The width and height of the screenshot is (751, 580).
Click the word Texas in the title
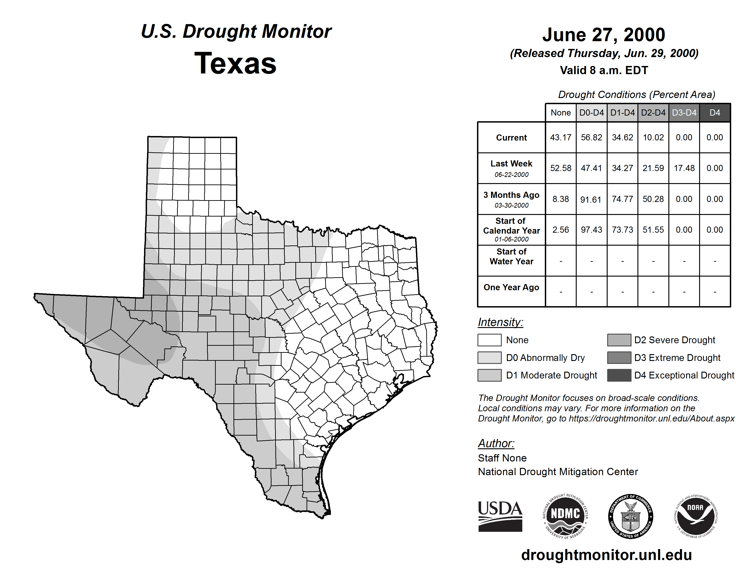click(235, 63)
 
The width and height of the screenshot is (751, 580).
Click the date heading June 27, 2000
click(604, 35)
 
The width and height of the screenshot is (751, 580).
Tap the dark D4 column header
click(715, 113)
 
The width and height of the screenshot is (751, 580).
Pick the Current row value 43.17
click(561, 137)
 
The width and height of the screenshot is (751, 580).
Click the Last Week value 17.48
click(684, 168)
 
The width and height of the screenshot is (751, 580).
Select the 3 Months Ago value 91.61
click(591, 199)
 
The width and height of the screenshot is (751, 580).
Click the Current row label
click(511, 137)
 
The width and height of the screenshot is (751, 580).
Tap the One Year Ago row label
click(511, 287)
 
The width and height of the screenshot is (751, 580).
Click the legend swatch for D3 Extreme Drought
click(619, 357)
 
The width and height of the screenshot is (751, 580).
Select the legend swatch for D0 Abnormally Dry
click(489, 357)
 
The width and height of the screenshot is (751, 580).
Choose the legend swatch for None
click(489, 340)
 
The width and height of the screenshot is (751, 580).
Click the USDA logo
click(500, 516)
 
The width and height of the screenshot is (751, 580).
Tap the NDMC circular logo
click(565, 516)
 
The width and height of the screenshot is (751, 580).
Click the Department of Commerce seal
click(631, 516)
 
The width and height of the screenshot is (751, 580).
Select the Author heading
click(496, 443)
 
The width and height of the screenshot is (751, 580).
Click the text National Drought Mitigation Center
click(558, 472)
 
